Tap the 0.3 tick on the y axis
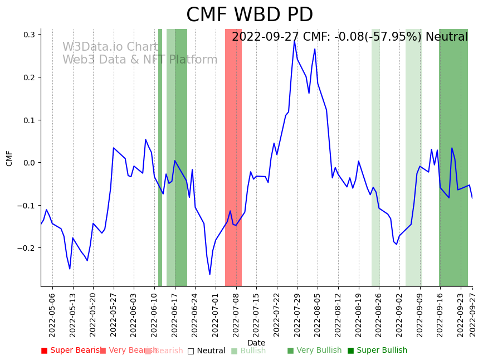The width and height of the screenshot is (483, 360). [28, 35]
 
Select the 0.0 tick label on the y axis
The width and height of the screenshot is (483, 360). [28, 163]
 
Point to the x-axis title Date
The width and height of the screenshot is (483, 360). [256, 343]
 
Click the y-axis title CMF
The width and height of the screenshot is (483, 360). [9, 158]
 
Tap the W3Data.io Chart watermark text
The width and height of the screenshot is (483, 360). [110, 47]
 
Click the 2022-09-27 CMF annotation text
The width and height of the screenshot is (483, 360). [350, 37]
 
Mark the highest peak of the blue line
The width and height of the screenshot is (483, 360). [294, 40]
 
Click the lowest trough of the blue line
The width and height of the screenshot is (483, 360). [210, 275]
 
